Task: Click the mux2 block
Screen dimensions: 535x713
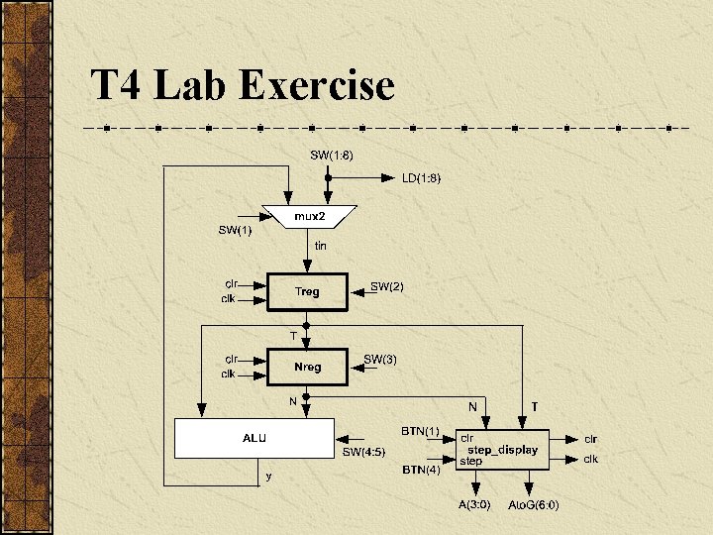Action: click(306, 216)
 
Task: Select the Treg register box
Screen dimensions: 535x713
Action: click(307, 291)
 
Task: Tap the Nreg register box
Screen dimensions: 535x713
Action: click(307, 367)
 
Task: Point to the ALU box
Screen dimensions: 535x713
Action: click(255, 438)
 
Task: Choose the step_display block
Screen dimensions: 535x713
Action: click(502, 450)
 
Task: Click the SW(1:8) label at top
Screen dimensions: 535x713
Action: click(332, 155)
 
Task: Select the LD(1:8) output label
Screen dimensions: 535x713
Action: click(421, 178)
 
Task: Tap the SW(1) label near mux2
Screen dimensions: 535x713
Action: click(235, 231)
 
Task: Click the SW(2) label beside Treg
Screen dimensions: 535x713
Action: click(387, 286)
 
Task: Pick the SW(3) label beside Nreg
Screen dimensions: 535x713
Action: click(380, 359)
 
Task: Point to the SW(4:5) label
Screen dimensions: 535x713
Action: click(365, 453)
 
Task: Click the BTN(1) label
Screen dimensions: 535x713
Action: click(419, 432)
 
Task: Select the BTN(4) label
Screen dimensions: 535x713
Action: click(419, 470)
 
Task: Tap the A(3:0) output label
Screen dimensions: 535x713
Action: click(472, 504)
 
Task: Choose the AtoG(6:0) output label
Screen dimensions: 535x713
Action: click(533, 504)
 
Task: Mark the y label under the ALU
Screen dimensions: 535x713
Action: click(268, 477)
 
